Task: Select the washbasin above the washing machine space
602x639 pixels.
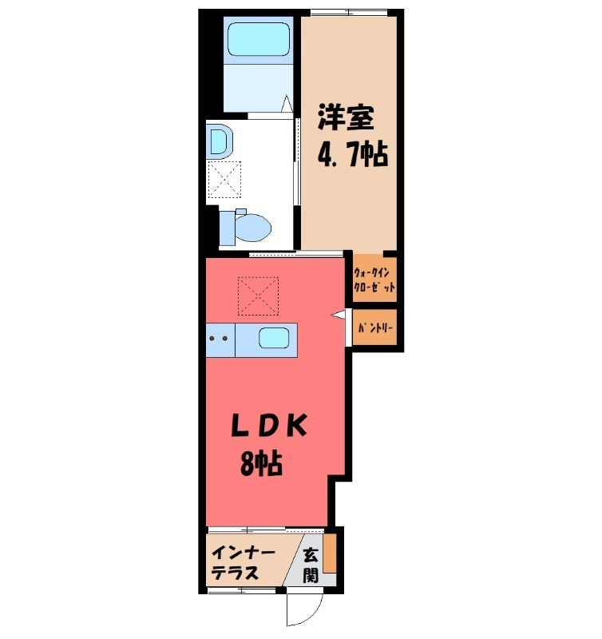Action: (x=219, y=144)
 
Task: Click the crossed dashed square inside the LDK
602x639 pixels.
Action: (x=258, y=296)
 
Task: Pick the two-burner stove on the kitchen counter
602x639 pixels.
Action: (x=219, y=339)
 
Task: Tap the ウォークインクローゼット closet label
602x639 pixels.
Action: (x=374, y=280)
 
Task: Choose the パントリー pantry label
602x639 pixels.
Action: (x=374, y=327)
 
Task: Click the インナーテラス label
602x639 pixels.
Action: (x=244, y=563)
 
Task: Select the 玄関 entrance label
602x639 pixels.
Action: (x=310, y=563)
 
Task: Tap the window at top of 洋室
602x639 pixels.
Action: (x=348, y=12)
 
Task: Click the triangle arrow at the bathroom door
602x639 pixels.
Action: (x=286, y=105)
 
